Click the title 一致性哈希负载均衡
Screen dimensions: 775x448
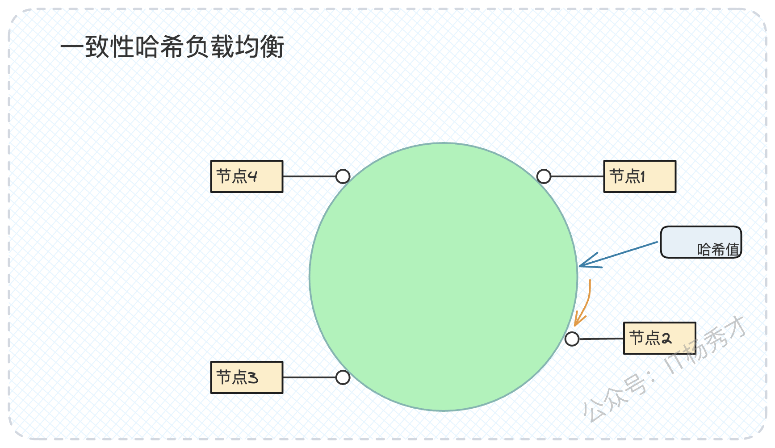pos(172,46)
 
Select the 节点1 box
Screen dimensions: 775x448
pos(640,176)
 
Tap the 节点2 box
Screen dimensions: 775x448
pos(660,338)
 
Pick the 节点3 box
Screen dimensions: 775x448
pos(247,377)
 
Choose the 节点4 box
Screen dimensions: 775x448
pos(247,176)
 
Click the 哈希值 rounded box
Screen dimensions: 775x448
pos(701,242)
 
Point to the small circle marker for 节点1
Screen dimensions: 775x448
pos(544,176)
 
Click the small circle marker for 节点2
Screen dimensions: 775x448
pos(572,339)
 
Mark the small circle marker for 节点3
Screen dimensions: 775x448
pos(343,377)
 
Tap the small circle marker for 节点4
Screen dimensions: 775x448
pos(343,176)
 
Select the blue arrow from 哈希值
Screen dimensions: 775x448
pos(619,255)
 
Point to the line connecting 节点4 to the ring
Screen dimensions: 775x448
pos(309,176)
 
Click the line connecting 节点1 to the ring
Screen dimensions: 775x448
pos(577,176)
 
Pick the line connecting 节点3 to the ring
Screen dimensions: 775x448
pos(309,377)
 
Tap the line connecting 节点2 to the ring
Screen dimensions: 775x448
pos(601,339)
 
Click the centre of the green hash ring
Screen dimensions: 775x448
pos(444,277)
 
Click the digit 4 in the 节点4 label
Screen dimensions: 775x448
pos(252,176)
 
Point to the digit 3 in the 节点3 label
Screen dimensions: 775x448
pos(253,378)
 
